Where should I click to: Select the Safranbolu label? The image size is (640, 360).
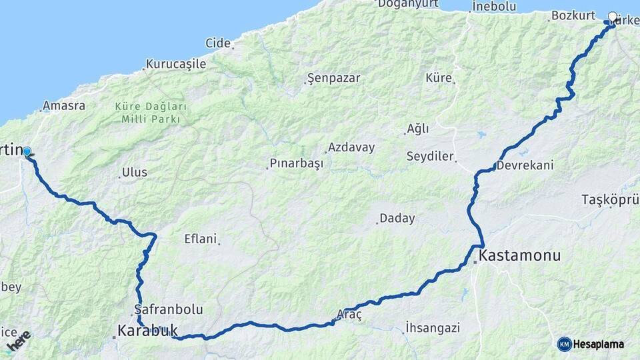[x=169, y=309]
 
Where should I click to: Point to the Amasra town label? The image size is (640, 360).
[x=63, y=105]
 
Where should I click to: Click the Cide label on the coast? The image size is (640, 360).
[x=218, y=43]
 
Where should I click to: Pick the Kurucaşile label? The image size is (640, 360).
[x=176, y=65]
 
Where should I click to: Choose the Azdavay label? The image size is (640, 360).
[x=351, y=147]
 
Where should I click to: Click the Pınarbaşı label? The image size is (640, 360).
[x=296, y=163]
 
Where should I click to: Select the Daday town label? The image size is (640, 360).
[x=397, y=218]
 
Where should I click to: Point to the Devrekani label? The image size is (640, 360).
[x=525, y=165]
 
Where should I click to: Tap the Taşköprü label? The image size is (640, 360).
[x=610, y=199]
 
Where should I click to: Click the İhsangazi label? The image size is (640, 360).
[x=433, y=327]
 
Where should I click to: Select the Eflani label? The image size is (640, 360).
[x=201, y=238]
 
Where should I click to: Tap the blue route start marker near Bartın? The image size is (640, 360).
[x=27, y=152]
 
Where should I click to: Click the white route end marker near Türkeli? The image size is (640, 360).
[x=613, y=17]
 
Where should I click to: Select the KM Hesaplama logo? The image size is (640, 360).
[x=591, y=344]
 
